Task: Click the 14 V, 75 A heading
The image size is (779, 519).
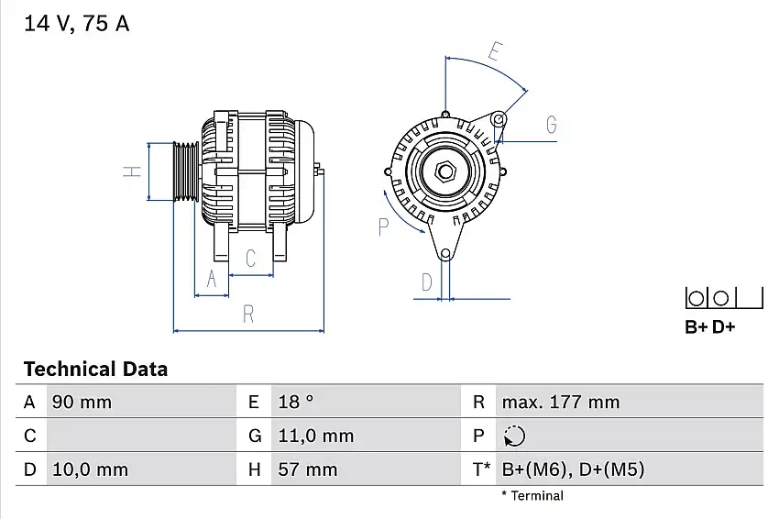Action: pos(76,23)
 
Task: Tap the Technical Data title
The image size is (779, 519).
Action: pos(95,369)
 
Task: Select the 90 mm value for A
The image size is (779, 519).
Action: pos(82,402)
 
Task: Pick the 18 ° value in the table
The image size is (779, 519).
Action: pos(296,402)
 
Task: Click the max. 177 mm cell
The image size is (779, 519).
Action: pos(561,402)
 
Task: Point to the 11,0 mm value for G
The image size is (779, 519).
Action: pos(316,436)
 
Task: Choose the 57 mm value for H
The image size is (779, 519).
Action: pos(308,469)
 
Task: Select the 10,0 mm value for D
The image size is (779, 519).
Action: pos(90,469)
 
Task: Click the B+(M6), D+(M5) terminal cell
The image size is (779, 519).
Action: pos(573,469)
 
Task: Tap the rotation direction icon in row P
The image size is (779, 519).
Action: pos(514,436)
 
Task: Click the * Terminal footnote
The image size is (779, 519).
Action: pos(532,496)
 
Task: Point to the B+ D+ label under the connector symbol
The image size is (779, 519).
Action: pos(709,327)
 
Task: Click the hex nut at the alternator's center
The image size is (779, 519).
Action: pos(445,172)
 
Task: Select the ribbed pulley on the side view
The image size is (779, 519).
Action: pos(186,172)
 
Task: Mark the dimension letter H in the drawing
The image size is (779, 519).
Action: pos(132,172)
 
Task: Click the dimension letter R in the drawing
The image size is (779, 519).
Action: pos(248,315)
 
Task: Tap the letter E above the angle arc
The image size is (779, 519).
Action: pos(495,51)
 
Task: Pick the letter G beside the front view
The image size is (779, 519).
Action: pos(551,125)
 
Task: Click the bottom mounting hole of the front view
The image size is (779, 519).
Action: pos(445,255)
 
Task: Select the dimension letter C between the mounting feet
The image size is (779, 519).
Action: pos(251,259)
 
